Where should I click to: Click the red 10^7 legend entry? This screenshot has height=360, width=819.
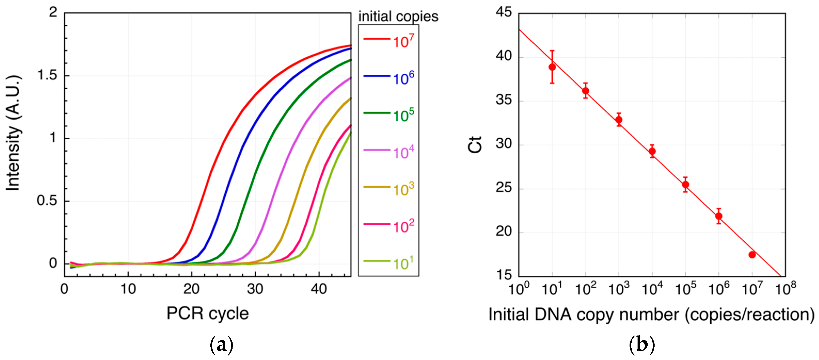point(388,40)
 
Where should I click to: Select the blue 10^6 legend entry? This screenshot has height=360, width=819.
point(388,77)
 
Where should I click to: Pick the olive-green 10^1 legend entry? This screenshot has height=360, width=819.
point(388,263)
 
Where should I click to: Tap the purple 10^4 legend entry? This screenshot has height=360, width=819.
point(388,152)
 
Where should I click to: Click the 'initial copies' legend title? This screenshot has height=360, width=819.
point(398,16)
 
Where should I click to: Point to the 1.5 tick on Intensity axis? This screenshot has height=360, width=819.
point(47,75)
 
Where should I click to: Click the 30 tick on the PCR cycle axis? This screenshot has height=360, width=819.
point(255,289)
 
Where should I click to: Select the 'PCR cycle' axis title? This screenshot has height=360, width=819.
point(207,314)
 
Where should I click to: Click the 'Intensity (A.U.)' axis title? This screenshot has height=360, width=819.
point(13,133)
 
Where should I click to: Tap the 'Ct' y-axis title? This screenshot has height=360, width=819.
point(475,145)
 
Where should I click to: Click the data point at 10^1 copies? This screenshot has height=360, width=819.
point(552,67)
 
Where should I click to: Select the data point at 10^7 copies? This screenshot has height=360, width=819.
point(752,255)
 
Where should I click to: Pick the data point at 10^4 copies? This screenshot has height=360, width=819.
point(652,152)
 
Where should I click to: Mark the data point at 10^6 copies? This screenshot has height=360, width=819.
point(719,216)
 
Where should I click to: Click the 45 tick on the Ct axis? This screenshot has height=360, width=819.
point(504,13)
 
